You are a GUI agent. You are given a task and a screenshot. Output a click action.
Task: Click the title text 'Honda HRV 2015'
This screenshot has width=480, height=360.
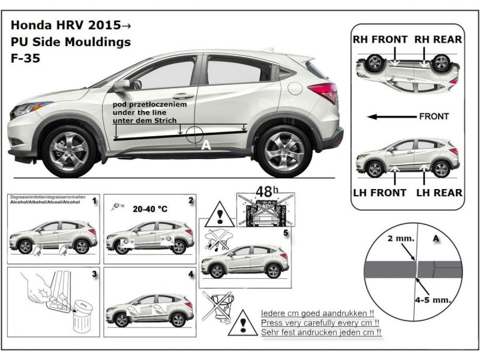click(68, 26)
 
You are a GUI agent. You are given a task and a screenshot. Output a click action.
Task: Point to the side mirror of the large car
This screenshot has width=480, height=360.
click(122, 85)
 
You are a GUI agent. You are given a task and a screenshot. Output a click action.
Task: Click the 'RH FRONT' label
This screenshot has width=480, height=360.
click(380, 40)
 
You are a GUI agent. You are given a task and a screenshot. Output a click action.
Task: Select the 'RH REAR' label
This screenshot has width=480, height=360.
click(438, 40)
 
